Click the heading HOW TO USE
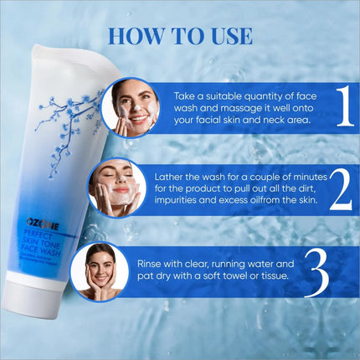click(180, 36)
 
